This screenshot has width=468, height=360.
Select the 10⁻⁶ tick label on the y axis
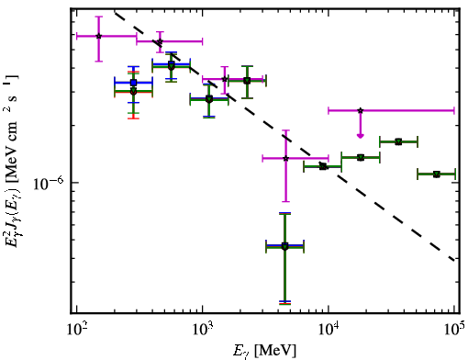pyautogui.click(x=50, y=183)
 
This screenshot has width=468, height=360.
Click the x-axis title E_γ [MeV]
pyautogui.click(x=264, y=351)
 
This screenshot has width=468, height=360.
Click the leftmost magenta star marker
pyautogui.click(x=98, y=36)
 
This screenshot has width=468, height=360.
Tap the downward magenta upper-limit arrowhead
pyautogui.click(x=361, y=136)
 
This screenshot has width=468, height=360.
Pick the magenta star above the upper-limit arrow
pyautogui.click(x=361, y=110)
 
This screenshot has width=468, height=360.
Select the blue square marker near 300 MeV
pyautogui.click(x=133, y=83)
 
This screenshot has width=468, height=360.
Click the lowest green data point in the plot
pyautogui.click(x=284, y=246)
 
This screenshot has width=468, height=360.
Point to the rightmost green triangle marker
pyautogui.click(x=437, y=174)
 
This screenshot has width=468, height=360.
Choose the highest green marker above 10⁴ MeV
pyautogui.click(x=398, y=141)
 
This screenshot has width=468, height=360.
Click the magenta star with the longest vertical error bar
pyautogui.click(x=285, y=158)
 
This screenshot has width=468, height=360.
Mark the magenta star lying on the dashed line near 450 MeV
pyautogui.click(x=160, y=41)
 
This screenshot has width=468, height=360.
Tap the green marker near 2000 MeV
pyautogui.click(x=247, y=81)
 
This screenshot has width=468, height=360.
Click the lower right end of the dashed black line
pyautogui.click(x=455, y=260)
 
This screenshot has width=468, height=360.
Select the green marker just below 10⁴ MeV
pyautogui.click(x=323, y=166)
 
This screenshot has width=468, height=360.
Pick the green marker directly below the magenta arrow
pyautogui.click(x=361, y=157)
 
